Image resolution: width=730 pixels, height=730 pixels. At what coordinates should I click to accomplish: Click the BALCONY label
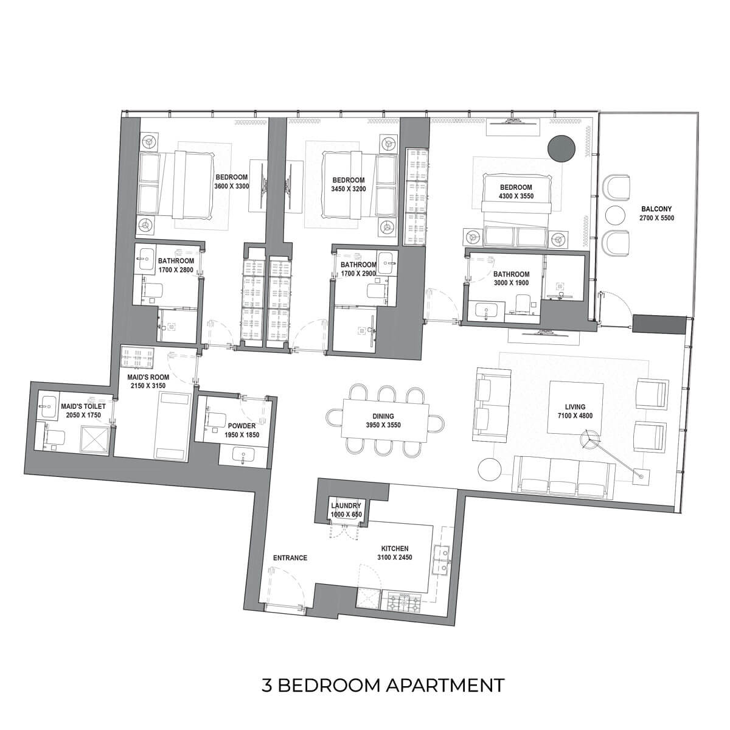(656, 209)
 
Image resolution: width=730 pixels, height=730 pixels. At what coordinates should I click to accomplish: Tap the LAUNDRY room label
(346, 506)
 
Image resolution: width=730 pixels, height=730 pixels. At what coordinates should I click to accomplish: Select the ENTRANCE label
(290, 558)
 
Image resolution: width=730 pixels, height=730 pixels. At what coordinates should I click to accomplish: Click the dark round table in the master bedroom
(561, 149)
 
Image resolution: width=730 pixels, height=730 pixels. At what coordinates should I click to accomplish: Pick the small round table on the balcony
(615, 215)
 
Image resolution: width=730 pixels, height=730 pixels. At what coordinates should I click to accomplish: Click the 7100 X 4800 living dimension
(575, 415)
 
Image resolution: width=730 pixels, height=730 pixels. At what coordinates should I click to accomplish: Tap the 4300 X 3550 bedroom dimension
(516, 196)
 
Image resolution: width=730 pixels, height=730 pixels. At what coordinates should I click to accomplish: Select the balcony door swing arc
(617, 304)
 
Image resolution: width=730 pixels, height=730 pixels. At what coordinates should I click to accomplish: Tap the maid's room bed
(172, 426)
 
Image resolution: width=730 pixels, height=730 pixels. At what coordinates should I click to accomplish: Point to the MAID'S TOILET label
(83, 406)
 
